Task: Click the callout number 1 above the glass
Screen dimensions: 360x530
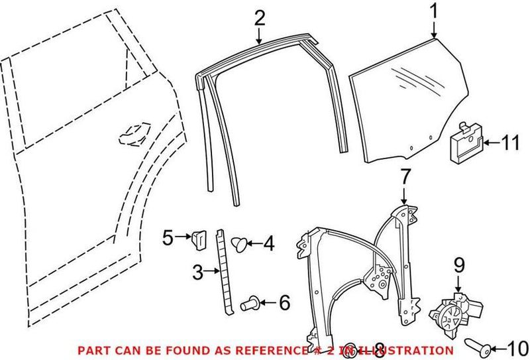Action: tap(434, 11)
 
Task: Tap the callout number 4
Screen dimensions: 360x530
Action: tap(268, 244)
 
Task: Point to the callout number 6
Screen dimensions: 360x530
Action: tap(284, 304)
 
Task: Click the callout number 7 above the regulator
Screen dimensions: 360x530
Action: tap(405, 176)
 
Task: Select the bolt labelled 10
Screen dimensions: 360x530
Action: tap(479, 345)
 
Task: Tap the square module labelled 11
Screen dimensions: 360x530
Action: tap(466, 141)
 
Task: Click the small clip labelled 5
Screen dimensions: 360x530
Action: tap(198, 236)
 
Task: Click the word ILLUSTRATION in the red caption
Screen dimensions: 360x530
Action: tap(410, 349)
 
